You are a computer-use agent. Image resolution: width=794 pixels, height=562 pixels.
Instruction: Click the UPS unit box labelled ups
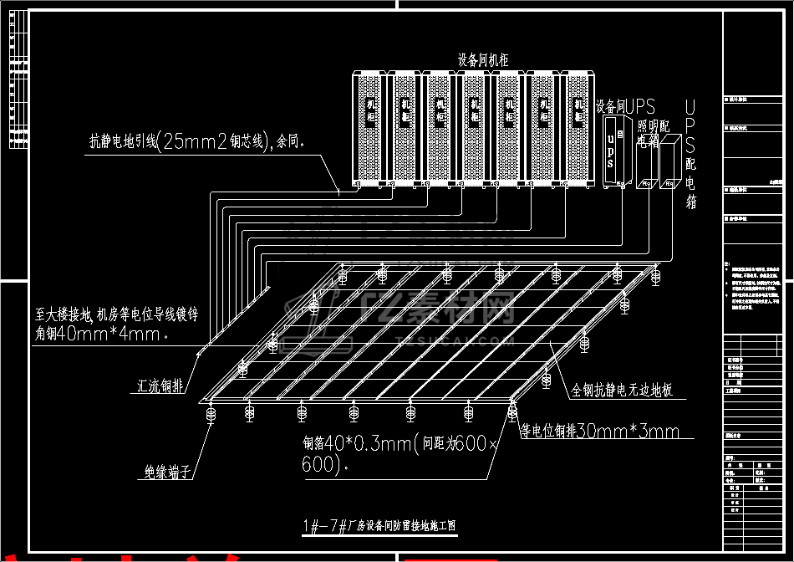click(613, 151)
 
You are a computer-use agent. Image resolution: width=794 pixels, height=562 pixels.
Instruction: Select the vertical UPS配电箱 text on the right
click(690, 155)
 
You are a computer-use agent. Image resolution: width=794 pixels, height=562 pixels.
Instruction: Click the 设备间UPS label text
click(625, 106)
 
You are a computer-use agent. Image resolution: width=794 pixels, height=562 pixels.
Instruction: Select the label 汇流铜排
click(162, 387)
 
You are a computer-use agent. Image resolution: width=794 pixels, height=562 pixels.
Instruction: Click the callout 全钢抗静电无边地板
click(623, 391)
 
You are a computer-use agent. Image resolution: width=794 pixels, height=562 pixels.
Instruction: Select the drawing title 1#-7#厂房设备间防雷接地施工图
click(380, 526)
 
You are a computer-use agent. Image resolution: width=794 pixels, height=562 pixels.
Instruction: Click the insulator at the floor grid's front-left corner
click(209, 412)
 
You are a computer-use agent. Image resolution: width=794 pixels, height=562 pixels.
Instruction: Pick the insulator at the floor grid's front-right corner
click(512, 409)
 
